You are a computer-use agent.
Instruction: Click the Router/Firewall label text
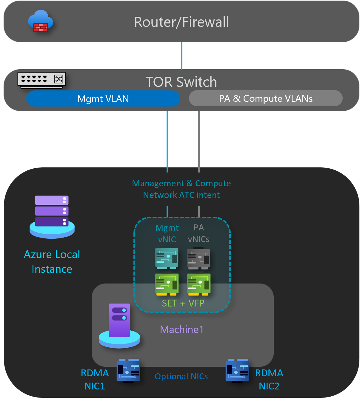click(x=181, y=22)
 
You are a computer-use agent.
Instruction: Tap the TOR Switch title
click(x=181, y=82)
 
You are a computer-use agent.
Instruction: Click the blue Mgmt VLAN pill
click(x=103, y=99)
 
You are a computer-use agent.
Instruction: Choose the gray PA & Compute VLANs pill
click(x=266, y=98)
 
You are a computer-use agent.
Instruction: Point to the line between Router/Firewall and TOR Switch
click(x=181, y=56)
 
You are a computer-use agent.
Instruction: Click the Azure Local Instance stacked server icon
click(x=52, y=216)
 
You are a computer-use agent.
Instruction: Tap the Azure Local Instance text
click(x=52, y=262)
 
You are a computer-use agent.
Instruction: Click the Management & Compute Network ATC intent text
click(x=181, y=189)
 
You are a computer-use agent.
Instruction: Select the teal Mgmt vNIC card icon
click(x=167, y=258)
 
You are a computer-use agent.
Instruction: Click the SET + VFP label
click(x=183, y=303)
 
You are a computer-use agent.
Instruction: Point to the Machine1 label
click(x=182, y=329)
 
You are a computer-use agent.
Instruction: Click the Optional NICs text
click(x=181, y=377)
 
